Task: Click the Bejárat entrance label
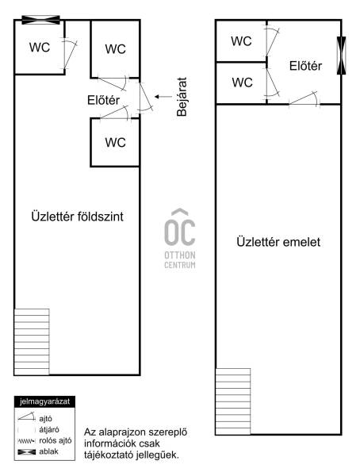(182, 97)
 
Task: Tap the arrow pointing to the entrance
(163, 97)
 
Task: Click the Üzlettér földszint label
(77, 217)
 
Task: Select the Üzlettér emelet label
(278, 242)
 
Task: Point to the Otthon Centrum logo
(180, 239)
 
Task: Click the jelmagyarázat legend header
(44, 401)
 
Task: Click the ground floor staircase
(32, 341)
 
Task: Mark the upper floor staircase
(233, 401)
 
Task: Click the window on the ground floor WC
(40, 20)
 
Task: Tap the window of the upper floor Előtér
(342, 56)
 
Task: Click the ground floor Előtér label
(104, 100)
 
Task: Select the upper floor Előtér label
(305, 66)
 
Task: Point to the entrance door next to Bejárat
(145, 96)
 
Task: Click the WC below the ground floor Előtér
(115, 142)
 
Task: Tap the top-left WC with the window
(40, 48)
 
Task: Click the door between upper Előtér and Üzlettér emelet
(304, 99)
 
